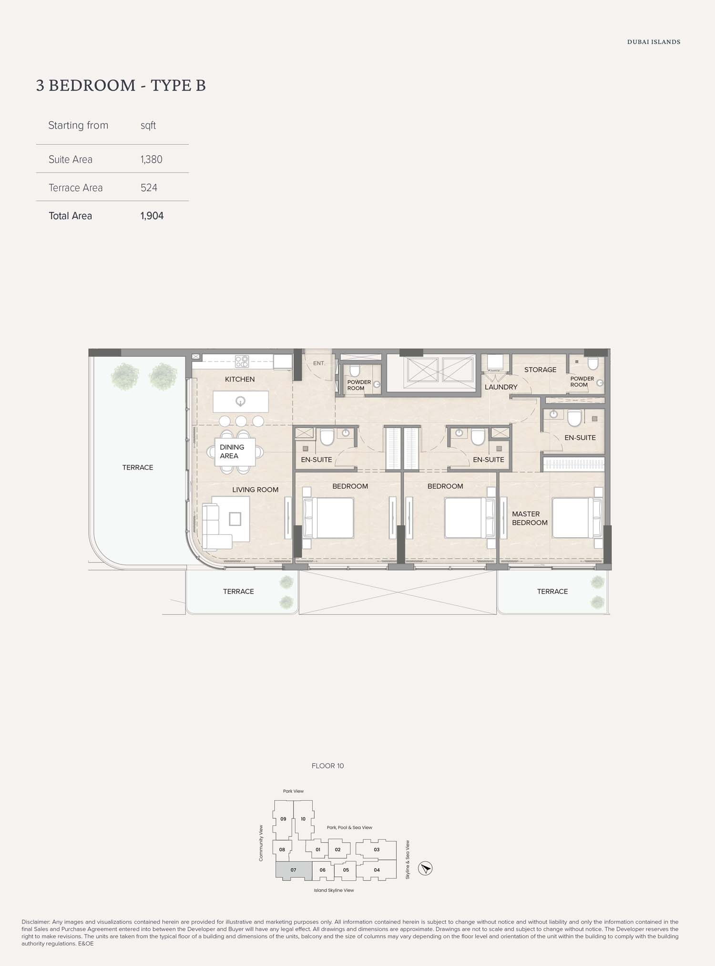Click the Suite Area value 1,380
point(152,160)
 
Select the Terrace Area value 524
point(149,188)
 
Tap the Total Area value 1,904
point(152,216)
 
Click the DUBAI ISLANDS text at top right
point(654,42)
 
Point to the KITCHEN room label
point(240,379)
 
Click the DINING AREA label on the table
point(232,452)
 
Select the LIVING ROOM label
point(255,490)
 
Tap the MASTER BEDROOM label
point(529,518)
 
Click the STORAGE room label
point(540,370)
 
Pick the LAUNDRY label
point(501,387)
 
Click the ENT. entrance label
point(319,363)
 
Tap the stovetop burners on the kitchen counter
point(242,362)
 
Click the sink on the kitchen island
point(241,401)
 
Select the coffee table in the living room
point(235,519)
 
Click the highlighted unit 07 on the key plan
point(294,870)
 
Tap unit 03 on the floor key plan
point(377,849)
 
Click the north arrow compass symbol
point(425,868)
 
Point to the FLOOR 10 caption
point(327,766)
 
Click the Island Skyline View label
point(334,890)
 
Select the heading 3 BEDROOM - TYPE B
point(121,85)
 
